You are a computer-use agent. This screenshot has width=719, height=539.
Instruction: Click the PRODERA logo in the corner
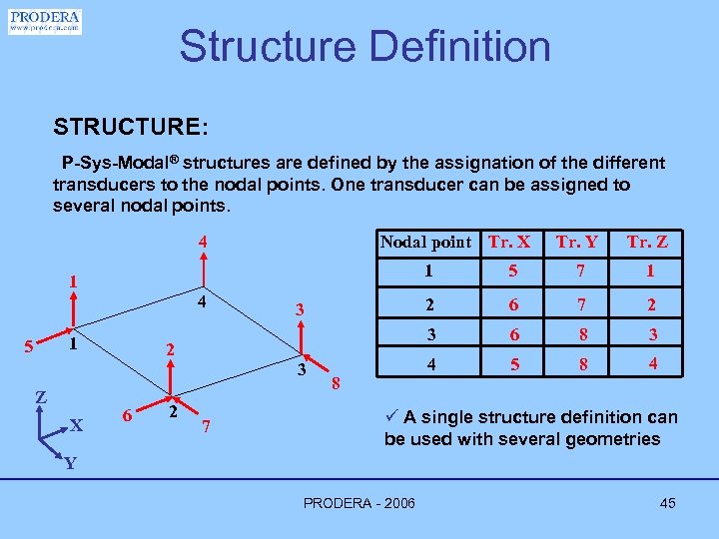click(x=45, y=21)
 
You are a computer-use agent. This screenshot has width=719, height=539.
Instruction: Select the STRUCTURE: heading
click(x=131, y=128)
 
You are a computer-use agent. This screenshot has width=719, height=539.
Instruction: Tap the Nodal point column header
click(x=425, y=242)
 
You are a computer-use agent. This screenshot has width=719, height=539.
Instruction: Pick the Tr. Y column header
click(x=577, y=242)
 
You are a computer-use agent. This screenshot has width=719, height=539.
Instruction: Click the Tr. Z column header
click(x=647, y=242)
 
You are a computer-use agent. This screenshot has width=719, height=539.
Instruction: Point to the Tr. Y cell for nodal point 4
click(x=584, y=365)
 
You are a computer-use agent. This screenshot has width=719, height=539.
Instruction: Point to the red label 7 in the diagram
click(x=206, y=428)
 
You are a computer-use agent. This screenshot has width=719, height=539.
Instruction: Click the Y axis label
click(x=69, y=463)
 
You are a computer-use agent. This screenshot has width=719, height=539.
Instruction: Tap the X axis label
click(x=76, y=425)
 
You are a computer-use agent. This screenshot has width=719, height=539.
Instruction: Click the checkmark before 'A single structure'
click(x=392, y=417)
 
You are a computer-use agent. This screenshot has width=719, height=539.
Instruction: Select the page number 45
click(x=667, y=503)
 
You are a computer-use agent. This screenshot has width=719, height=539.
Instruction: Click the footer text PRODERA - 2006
click(x=359, y=503)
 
